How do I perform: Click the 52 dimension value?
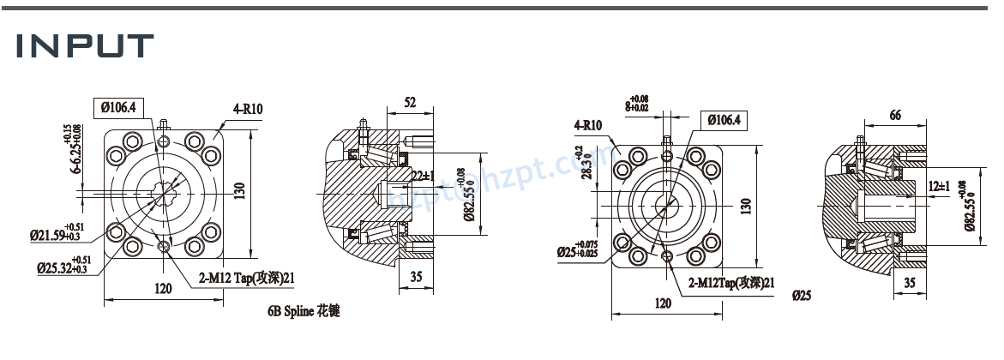[x=410, y=103]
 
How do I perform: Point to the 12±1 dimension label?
[x=941, y=186]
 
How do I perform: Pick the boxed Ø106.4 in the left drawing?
[x=120, y=107]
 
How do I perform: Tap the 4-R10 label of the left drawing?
[x=247, y=109]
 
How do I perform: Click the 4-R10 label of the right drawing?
[x=588, y=125]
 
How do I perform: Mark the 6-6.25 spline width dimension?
[x=73, y=150]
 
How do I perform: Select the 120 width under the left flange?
[x=163, y=289]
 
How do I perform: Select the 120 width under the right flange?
[x=663, y=303]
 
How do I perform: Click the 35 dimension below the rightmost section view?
[x=910, y=281]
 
